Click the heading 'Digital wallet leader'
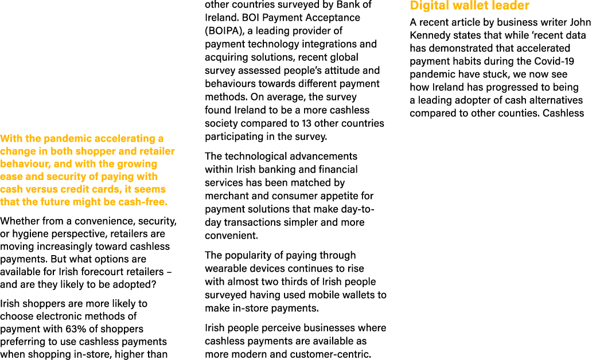pos(469,6)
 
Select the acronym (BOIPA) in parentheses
pos(223,31)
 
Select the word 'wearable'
pos(225,268)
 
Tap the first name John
pos(579,23)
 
